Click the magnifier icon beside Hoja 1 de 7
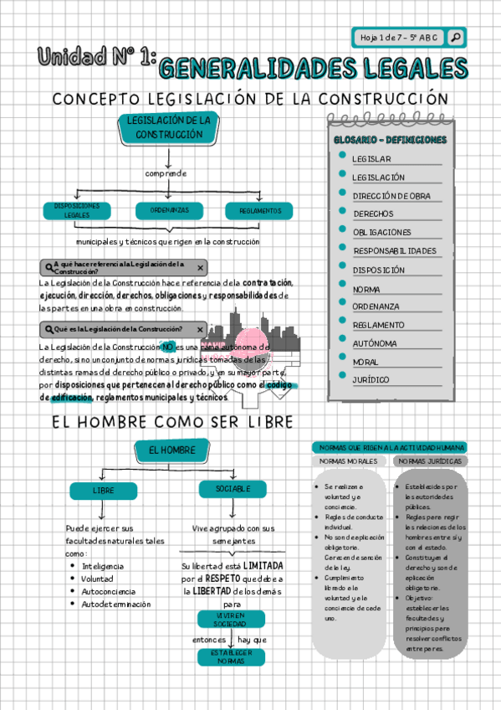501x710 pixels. pos(455,38)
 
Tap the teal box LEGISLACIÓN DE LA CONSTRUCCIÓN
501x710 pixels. pos(168,128)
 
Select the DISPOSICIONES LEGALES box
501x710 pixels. pos(76,210)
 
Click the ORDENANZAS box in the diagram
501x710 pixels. pos(170,210)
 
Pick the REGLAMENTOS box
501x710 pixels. pos(259,211)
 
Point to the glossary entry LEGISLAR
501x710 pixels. pos(371,159)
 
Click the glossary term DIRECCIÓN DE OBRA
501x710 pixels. pos(391,196)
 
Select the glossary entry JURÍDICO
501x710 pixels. pos(371,380)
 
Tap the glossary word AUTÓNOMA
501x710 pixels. pos(375,343)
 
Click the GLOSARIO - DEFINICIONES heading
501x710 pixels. pos(390,140)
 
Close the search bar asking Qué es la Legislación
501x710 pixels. pos(200,329)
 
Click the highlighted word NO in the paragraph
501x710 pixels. pos(168,347)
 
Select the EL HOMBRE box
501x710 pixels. pos(171,451)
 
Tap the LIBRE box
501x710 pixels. pos(104,491)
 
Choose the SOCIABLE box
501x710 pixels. pos(233,489)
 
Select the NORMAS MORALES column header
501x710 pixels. pos(350,461)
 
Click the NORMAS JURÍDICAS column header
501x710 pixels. pos(431,461)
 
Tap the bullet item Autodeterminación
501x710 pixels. pos(116,604)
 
